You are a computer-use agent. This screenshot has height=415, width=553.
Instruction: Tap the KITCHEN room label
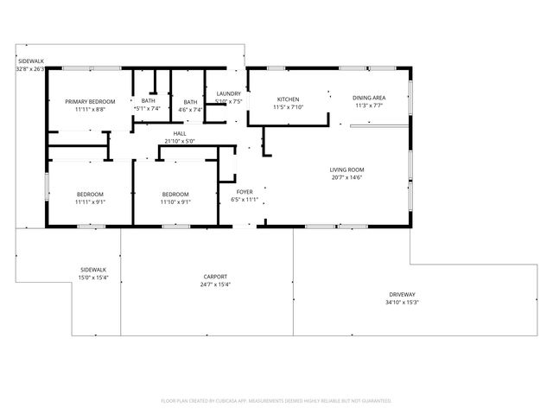288,99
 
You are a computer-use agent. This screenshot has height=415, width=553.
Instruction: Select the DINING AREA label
369,98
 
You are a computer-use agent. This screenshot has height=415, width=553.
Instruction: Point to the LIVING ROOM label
346,169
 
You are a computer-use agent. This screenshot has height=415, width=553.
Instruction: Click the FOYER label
245,191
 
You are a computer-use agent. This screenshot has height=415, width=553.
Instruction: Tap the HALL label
180,133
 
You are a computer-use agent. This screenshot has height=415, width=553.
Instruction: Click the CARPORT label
215,276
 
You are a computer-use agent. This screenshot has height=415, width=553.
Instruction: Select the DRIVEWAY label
402,295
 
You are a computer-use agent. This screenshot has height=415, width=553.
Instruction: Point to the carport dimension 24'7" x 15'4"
215,284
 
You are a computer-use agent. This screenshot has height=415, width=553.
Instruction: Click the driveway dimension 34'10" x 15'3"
402,303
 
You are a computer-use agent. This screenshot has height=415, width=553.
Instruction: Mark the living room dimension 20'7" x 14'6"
346,178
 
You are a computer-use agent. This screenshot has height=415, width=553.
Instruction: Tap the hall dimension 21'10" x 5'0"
180,142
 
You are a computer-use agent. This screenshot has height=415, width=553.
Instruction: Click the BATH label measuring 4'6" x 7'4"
190,101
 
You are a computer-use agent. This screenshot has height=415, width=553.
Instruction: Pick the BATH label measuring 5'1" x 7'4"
148,101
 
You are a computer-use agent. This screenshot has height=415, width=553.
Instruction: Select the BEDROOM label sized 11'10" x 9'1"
175,194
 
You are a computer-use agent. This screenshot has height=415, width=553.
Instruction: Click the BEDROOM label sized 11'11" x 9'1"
90,194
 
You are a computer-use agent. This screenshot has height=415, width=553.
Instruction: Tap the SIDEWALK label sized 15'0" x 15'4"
93,270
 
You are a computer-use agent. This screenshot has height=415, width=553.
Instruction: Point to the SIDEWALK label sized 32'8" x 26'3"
30,61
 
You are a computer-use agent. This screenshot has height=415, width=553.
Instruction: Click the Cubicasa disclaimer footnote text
276,400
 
